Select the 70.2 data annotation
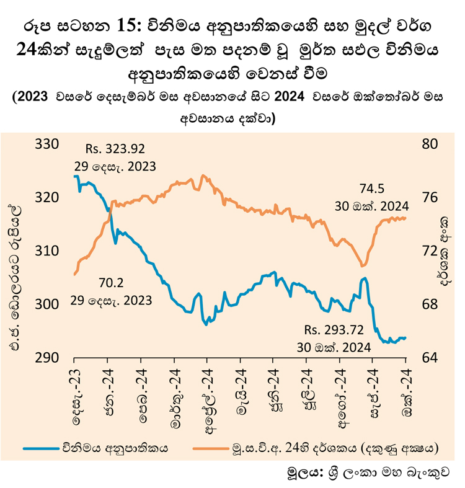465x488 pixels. pyautogui.click(x=112, y=283)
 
